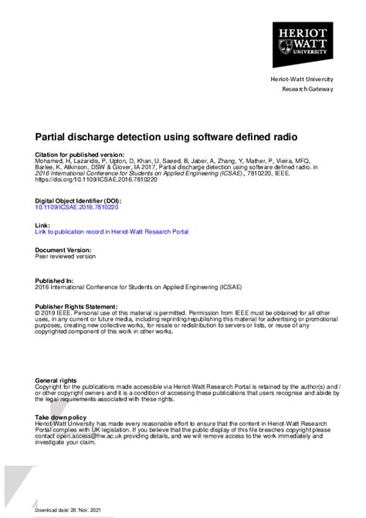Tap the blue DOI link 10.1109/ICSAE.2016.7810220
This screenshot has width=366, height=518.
pyautogui.click(x=76, y=207)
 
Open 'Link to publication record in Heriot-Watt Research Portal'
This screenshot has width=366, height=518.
pyautogui.click(x=112, y=231)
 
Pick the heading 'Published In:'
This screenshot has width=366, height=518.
pyautogui.click(x=55, y=281)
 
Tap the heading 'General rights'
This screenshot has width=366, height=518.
pyautogui.click(x=56, y=381)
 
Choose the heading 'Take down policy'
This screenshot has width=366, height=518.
pyautogui.click(x=61, y=416)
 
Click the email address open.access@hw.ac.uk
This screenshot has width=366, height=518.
pyautogui.click(x=86, y=436)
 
